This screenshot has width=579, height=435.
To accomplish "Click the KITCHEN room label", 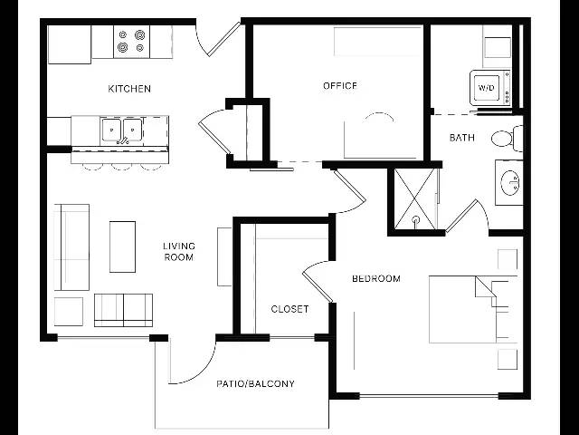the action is pyautogui.click(x=129, y=89).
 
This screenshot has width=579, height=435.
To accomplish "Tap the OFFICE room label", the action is pyautogui.click(x=340, y=86).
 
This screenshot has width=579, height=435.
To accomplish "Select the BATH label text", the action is pyautogui.click(x=462, y=138).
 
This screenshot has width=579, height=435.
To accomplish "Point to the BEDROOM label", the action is pyautogui.click(x=376, y=278).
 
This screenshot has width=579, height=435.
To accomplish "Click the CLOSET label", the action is pyautogui.click(x=289, y=309).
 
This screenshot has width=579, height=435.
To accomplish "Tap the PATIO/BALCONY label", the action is pyautogui.click(x=255, y=384).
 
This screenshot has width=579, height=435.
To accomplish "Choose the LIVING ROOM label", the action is pyautogui.click(x=179, y=252).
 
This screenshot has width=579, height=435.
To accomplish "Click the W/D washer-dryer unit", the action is pyautogui.click(x=490, y=88).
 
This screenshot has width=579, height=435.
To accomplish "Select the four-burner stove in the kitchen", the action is pyautogui.click(x=131, y=42).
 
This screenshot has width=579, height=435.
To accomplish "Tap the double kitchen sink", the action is pyautogui.click(x=121, y=130).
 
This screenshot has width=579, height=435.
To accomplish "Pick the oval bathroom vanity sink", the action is pyautogui.click(x=510, y=182).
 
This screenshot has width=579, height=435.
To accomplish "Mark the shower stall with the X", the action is pyautogui.click(x=416, y=199).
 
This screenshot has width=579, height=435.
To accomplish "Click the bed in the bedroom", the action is pyautogui.click(x=473, y=309).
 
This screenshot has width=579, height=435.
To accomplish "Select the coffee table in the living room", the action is pyautogui.click(x=123, y=246).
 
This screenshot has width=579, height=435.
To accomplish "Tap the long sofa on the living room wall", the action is pyautogui.click(x=71, y=247).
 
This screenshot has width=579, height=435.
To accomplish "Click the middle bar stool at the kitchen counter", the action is pyautogui.click(x=121, y=167).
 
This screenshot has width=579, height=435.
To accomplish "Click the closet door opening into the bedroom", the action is pyautogui.click(x=317, y=282).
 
